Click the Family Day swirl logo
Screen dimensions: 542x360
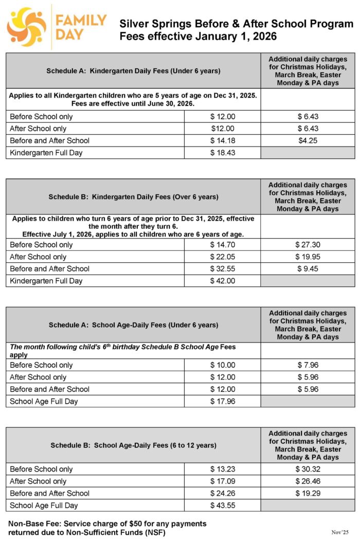[x=27, y=27]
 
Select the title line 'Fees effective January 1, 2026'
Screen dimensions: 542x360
[x=198, y=37]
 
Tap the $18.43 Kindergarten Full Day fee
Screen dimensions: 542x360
[x=222, y=153]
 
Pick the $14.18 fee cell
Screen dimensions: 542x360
[x=222, y=140]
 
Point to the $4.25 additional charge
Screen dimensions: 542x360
[x=308, y=140]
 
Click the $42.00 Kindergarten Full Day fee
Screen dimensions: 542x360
[x=222, y=281]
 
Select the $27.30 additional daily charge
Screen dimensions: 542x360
[x=308, y=245]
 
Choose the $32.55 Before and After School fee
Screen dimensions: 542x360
[x=222, y=268]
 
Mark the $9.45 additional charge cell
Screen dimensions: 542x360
[x=308, y=268]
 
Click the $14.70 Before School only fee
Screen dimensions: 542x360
[x=222, y=245]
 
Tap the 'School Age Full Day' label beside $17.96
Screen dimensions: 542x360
[x=44, y=401]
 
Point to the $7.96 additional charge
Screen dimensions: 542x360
[x=308, y=365]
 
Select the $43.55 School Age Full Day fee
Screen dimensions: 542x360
[x=222, y=505]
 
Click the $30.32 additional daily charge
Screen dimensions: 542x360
[x=308, y=469]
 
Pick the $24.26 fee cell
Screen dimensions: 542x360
[x=222, y=493]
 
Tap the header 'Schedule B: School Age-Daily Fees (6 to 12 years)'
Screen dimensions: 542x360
[x=133, y=445]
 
